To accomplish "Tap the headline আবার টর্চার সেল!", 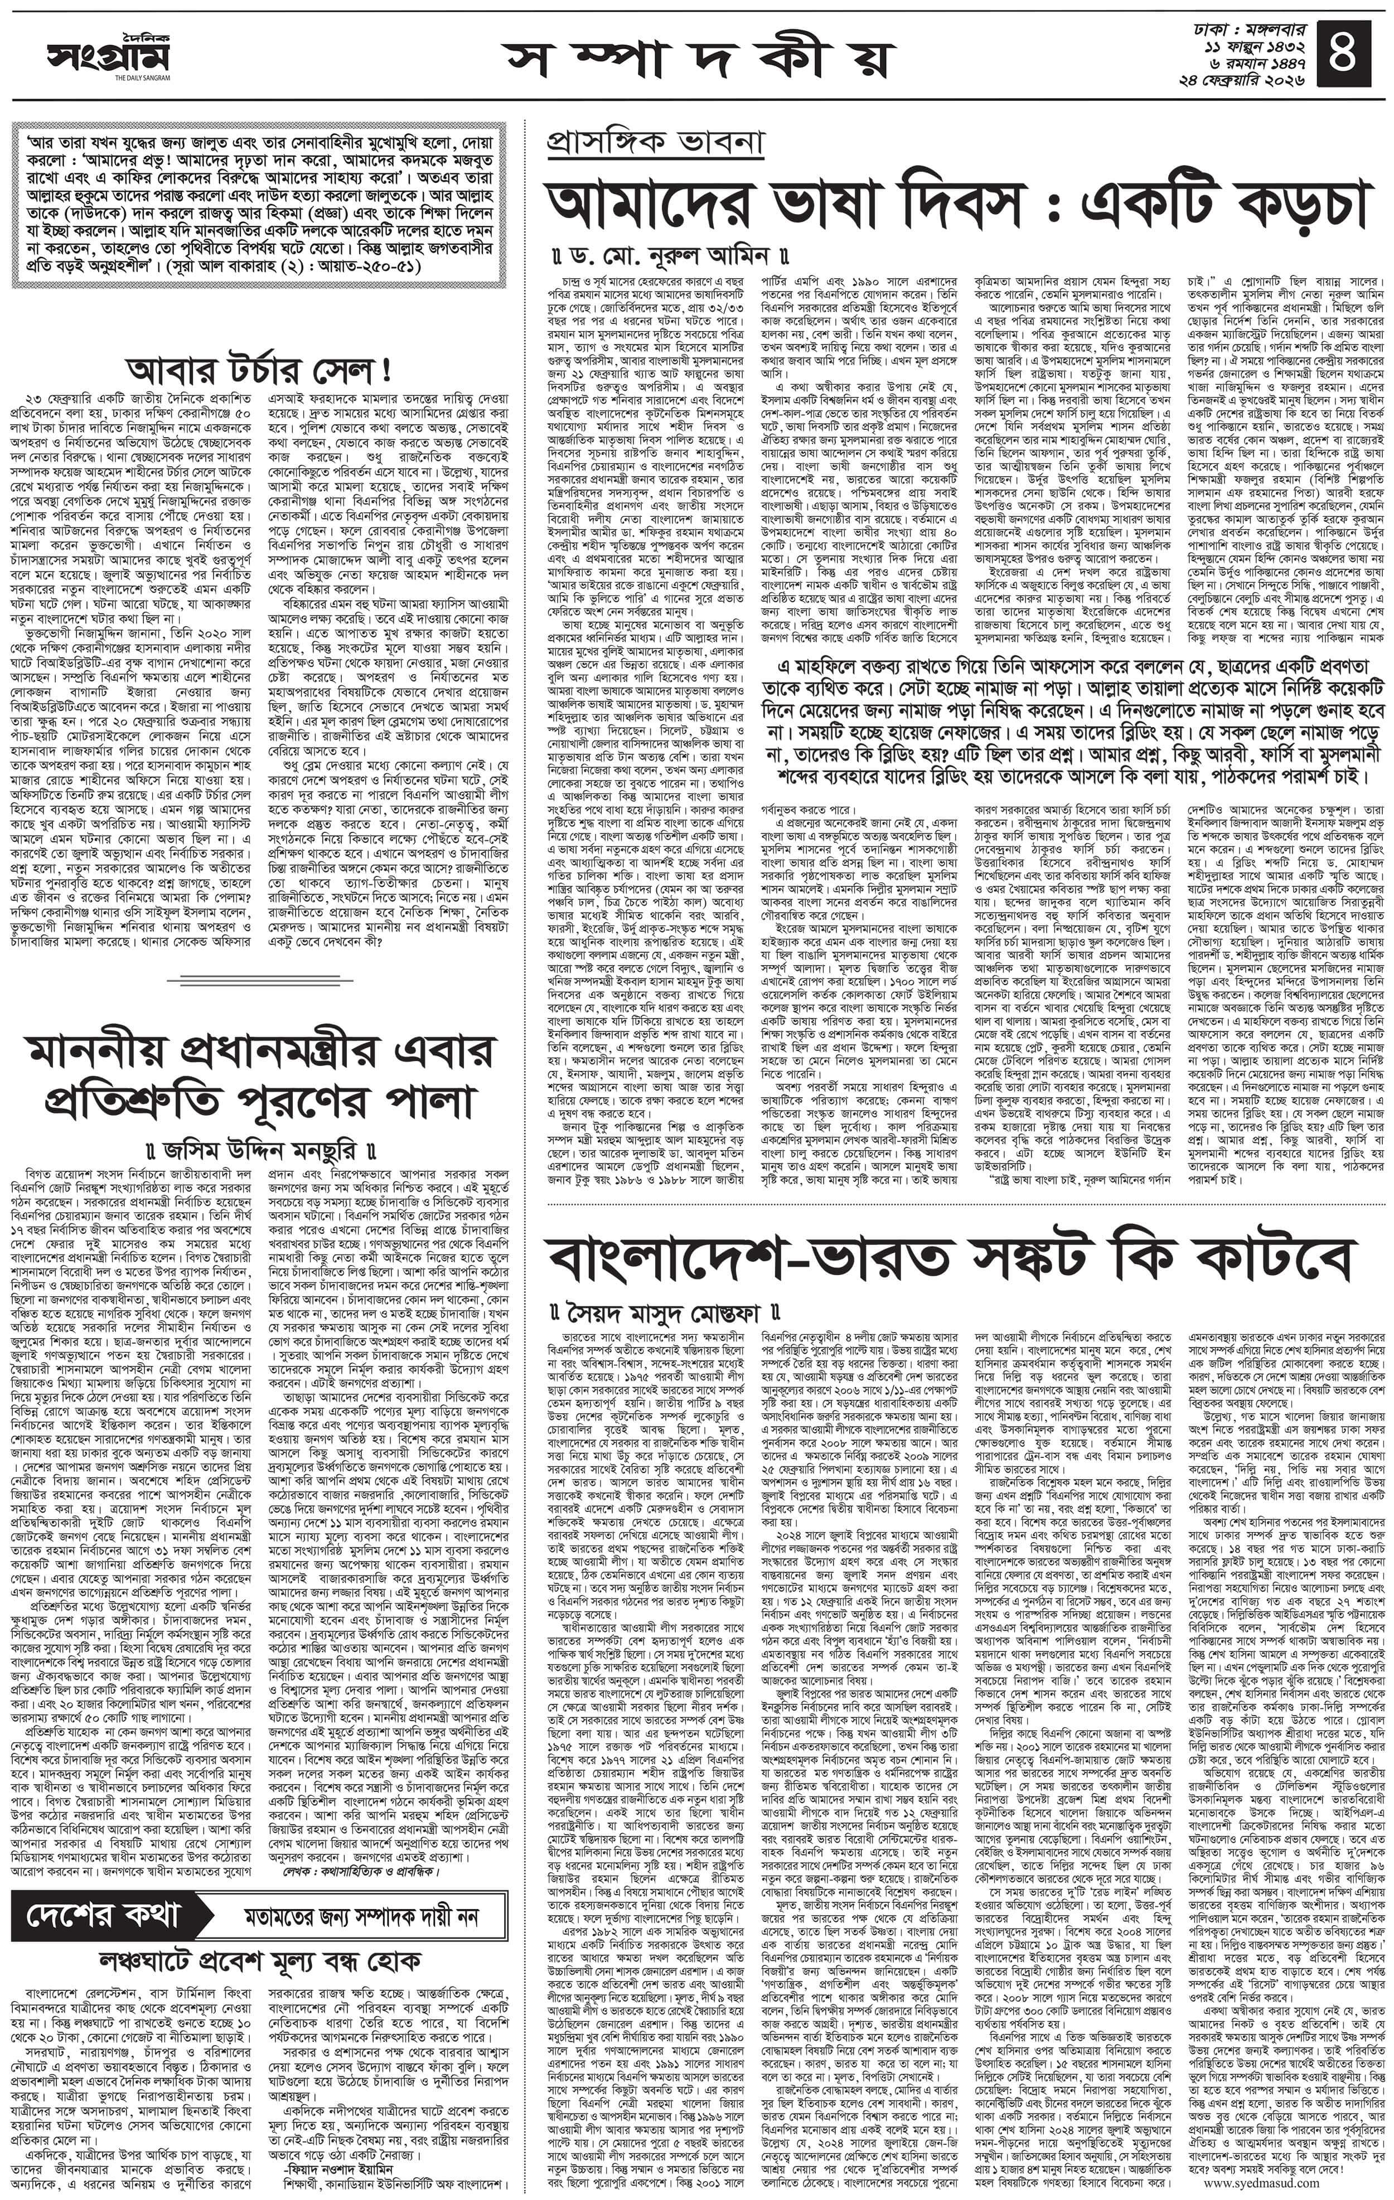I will click(x=260, y=370).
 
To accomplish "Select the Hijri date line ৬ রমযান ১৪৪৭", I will click(x=1261, y=62).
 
